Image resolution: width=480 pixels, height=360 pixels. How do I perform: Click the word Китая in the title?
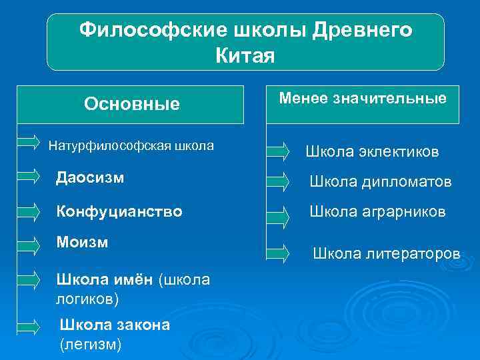click(245, 55)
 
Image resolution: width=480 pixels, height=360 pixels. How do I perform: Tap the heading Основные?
click(131, 105)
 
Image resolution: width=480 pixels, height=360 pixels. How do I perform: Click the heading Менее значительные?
click(363, 99)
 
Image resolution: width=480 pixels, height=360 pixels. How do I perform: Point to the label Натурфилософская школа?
click(131, 144)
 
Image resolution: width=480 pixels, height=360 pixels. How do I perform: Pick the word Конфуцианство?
click(119, 211)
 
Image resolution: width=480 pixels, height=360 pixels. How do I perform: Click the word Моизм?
click(83, 241)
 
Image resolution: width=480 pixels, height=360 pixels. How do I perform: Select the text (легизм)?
click(91, 345)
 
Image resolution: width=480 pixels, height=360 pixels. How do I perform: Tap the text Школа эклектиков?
click(372, 152)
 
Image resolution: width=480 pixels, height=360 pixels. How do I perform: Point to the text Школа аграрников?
click(377, 211)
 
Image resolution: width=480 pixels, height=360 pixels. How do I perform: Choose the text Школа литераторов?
click(386, 253)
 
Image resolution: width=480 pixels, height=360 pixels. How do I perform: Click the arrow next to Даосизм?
click(28, 175)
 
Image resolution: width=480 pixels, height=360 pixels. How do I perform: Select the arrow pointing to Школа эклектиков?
click(278, 152)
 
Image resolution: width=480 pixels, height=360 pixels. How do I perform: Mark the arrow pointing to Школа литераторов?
click(278, 252)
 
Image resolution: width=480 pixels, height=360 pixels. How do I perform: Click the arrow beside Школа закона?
click(28, 327)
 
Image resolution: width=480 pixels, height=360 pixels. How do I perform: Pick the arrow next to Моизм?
click(28, 241)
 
